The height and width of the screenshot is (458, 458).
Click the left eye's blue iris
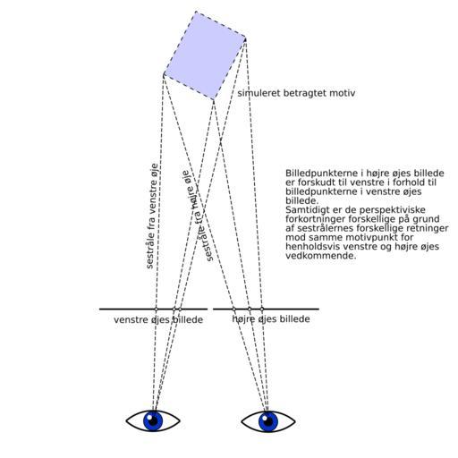coord(153,420)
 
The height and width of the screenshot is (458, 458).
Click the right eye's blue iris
coord(268,421)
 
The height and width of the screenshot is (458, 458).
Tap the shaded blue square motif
coord(205,55)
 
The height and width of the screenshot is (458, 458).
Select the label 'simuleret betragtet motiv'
coord(296,93)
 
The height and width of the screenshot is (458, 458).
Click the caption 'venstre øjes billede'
coord(158,320)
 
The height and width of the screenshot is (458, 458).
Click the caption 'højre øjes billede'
coord(271,319)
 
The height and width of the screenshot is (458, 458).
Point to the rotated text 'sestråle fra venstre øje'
coord(152,216)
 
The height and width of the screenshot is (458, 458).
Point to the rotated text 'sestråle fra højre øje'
coord(198,216)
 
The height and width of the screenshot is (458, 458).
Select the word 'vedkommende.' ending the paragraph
coord(321,256)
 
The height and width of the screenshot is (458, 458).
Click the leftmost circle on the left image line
coord(156,309)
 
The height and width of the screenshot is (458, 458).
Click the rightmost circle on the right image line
coord(262,309)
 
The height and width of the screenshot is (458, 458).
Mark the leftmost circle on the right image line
coord(234,309)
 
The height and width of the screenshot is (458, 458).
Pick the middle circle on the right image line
coord(250,309)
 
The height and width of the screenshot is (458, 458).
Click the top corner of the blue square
coord(196,12)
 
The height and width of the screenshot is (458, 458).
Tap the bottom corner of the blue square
coord(214,99)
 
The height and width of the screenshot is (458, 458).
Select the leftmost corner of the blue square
coord(164,74)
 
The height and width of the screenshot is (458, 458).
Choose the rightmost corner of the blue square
coord(246,38)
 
